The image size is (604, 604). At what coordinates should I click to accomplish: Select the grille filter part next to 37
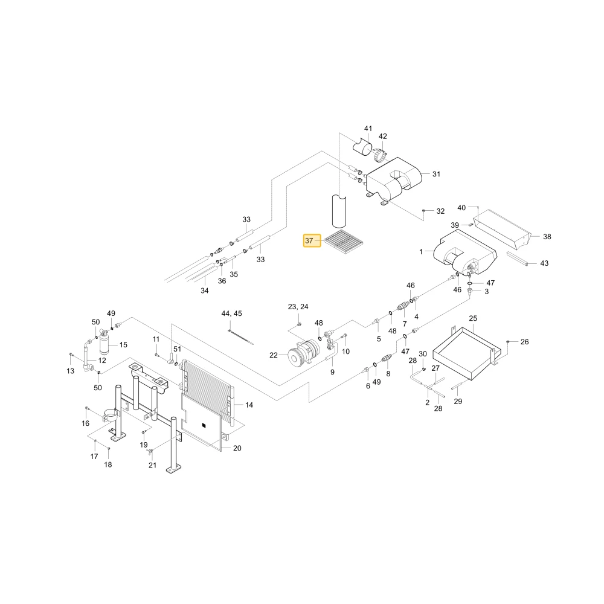[344, 242]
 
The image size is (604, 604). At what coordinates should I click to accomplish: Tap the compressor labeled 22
[304, 353]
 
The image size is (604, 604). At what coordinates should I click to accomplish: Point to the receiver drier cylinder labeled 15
[104, 343]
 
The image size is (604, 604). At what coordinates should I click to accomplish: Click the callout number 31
[436, 174]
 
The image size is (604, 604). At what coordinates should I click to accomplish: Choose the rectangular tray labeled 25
[467, 353]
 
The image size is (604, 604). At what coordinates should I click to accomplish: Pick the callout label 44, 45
[231, 313]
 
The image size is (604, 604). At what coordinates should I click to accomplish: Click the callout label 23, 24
[298, 307]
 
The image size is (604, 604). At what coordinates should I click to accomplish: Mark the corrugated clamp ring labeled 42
[380, 155]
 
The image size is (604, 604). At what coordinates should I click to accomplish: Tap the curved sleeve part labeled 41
[362, 147]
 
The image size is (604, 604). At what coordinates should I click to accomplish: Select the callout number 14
[249, 405]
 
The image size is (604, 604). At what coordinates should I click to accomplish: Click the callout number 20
[237, 448]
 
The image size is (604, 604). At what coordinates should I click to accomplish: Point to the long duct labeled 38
[503, 229]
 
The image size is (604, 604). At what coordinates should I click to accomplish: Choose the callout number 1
[421, 251]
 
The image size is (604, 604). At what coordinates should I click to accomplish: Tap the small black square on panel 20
[204, 425]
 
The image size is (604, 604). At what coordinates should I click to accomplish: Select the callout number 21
[153, 465]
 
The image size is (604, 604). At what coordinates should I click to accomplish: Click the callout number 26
[525, 342]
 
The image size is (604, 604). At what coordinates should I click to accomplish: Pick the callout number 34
[205, 291]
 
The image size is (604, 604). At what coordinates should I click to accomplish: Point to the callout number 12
[102, 361]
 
